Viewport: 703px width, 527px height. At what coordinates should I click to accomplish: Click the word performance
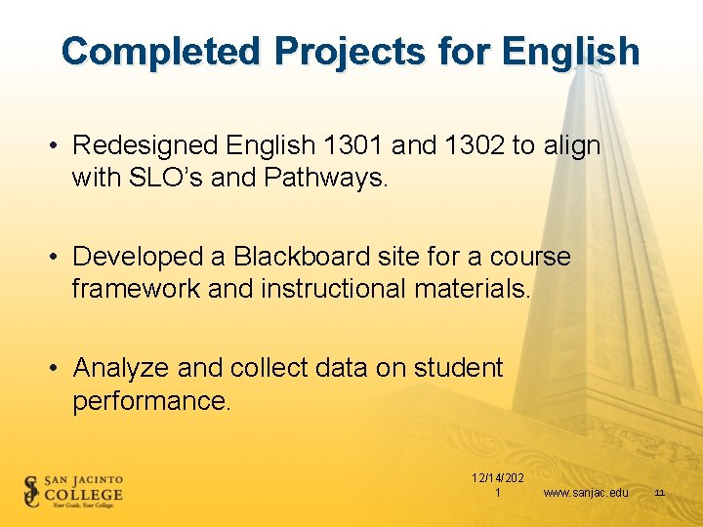(151, 400)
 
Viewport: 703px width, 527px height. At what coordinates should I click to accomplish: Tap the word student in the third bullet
(458, 368)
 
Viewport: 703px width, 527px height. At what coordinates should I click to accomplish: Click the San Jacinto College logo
(74, 491)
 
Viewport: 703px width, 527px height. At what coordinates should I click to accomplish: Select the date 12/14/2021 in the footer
(497, 485)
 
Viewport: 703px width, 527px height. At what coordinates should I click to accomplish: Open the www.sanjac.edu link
(586, 493)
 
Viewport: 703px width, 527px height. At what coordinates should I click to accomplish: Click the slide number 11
(659, 493)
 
